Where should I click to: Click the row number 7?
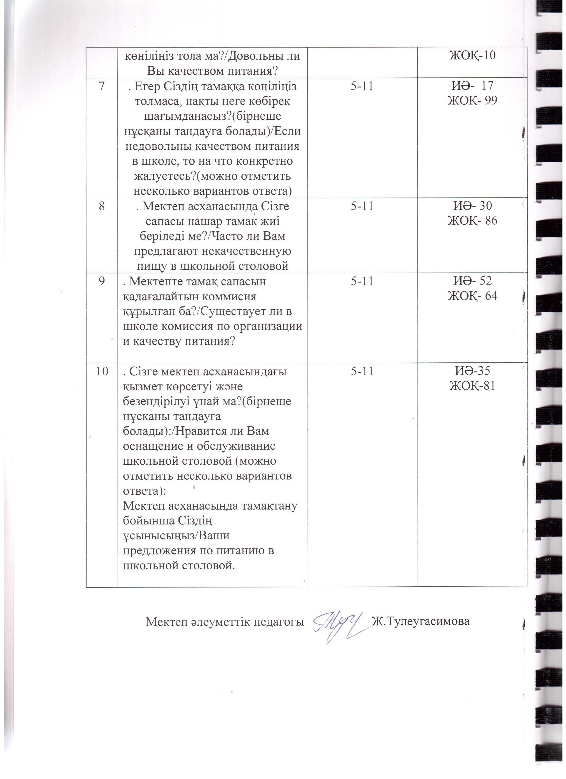[x=102, y=86]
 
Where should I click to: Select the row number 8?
[x=102, y=206]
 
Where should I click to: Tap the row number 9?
[x=102, y=281]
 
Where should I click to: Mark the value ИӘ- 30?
[x=473, y=206]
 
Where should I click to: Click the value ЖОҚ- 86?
[x=472, y=221]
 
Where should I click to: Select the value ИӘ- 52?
[x=473, y=281]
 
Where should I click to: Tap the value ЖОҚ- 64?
[x=472, y=296]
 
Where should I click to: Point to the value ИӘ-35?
[x=472, y=371]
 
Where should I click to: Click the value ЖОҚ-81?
[x=472, y=386]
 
